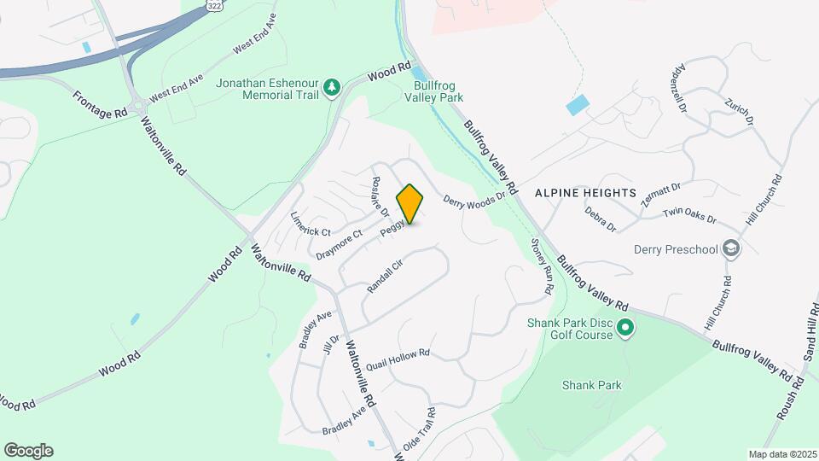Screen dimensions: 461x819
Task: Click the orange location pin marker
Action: (410, 204)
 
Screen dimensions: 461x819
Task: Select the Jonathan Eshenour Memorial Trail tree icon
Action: (334, 88)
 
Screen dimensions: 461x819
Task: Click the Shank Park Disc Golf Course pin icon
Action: (625, 327)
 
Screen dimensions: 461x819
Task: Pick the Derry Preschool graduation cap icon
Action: (730, 249)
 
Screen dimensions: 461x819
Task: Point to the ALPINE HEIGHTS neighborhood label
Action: (585, 193)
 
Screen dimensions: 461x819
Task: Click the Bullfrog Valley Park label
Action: (439, 91)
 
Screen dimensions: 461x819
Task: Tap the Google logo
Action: (28, 450)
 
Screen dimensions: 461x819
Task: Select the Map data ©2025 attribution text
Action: (781, 454)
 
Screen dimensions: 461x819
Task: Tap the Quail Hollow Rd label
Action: (398, 359)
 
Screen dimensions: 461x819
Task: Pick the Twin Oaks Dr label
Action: (689, 214)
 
